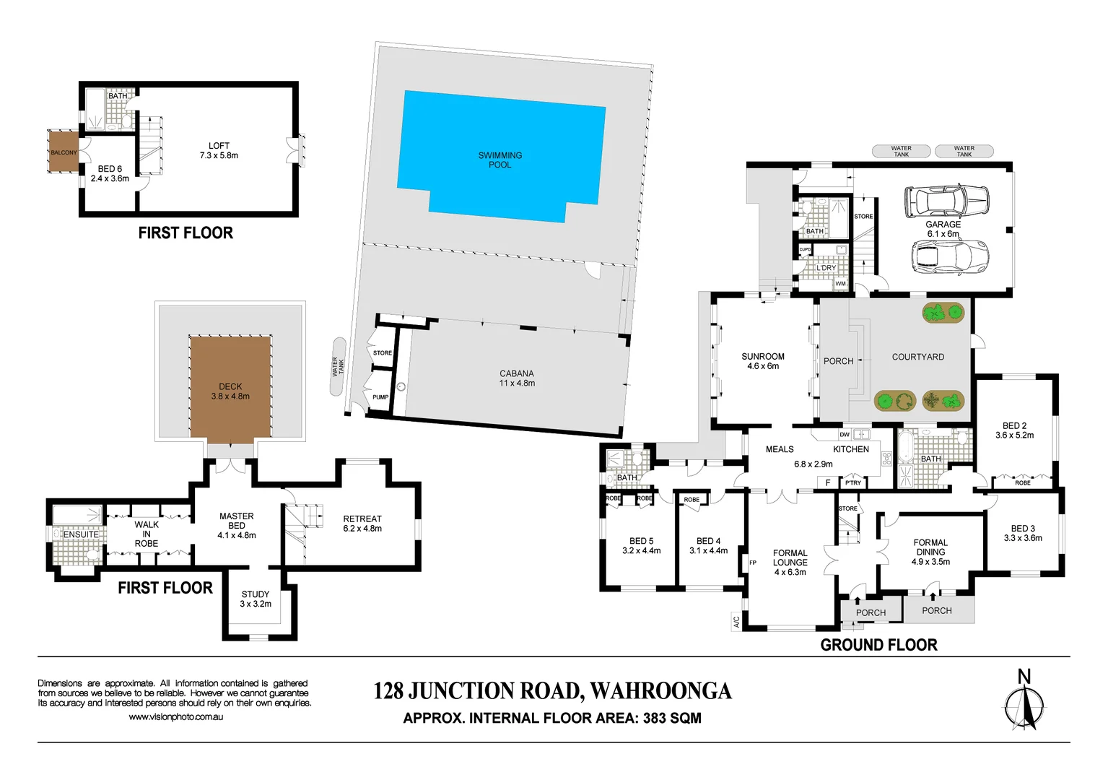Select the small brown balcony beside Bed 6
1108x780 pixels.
(63, 152)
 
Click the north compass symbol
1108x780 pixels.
(1024, 703)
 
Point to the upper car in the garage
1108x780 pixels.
(946, 201)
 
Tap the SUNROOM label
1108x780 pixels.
(762, 357)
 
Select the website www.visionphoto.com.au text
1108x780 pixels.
(175, 717)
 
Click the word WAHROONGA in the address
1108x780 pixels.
(660, 691)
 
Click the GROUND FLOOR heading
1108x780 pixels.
(878, 645)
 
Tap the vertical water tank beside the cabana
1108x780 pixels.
(338, 366)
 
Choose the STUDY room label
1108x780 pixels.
(256, 594)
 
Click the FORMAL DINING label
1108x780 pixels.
(930, 547)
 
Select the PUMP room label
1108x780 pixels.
(380, 397)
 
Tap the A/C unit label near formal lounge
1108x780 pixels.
(736, 621)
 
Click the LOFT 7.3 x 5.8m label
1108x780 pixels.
(219, 150)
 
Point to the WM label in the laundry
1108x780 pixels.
(840, 284)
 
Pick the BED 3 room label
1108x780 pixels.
(1023, 533)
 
